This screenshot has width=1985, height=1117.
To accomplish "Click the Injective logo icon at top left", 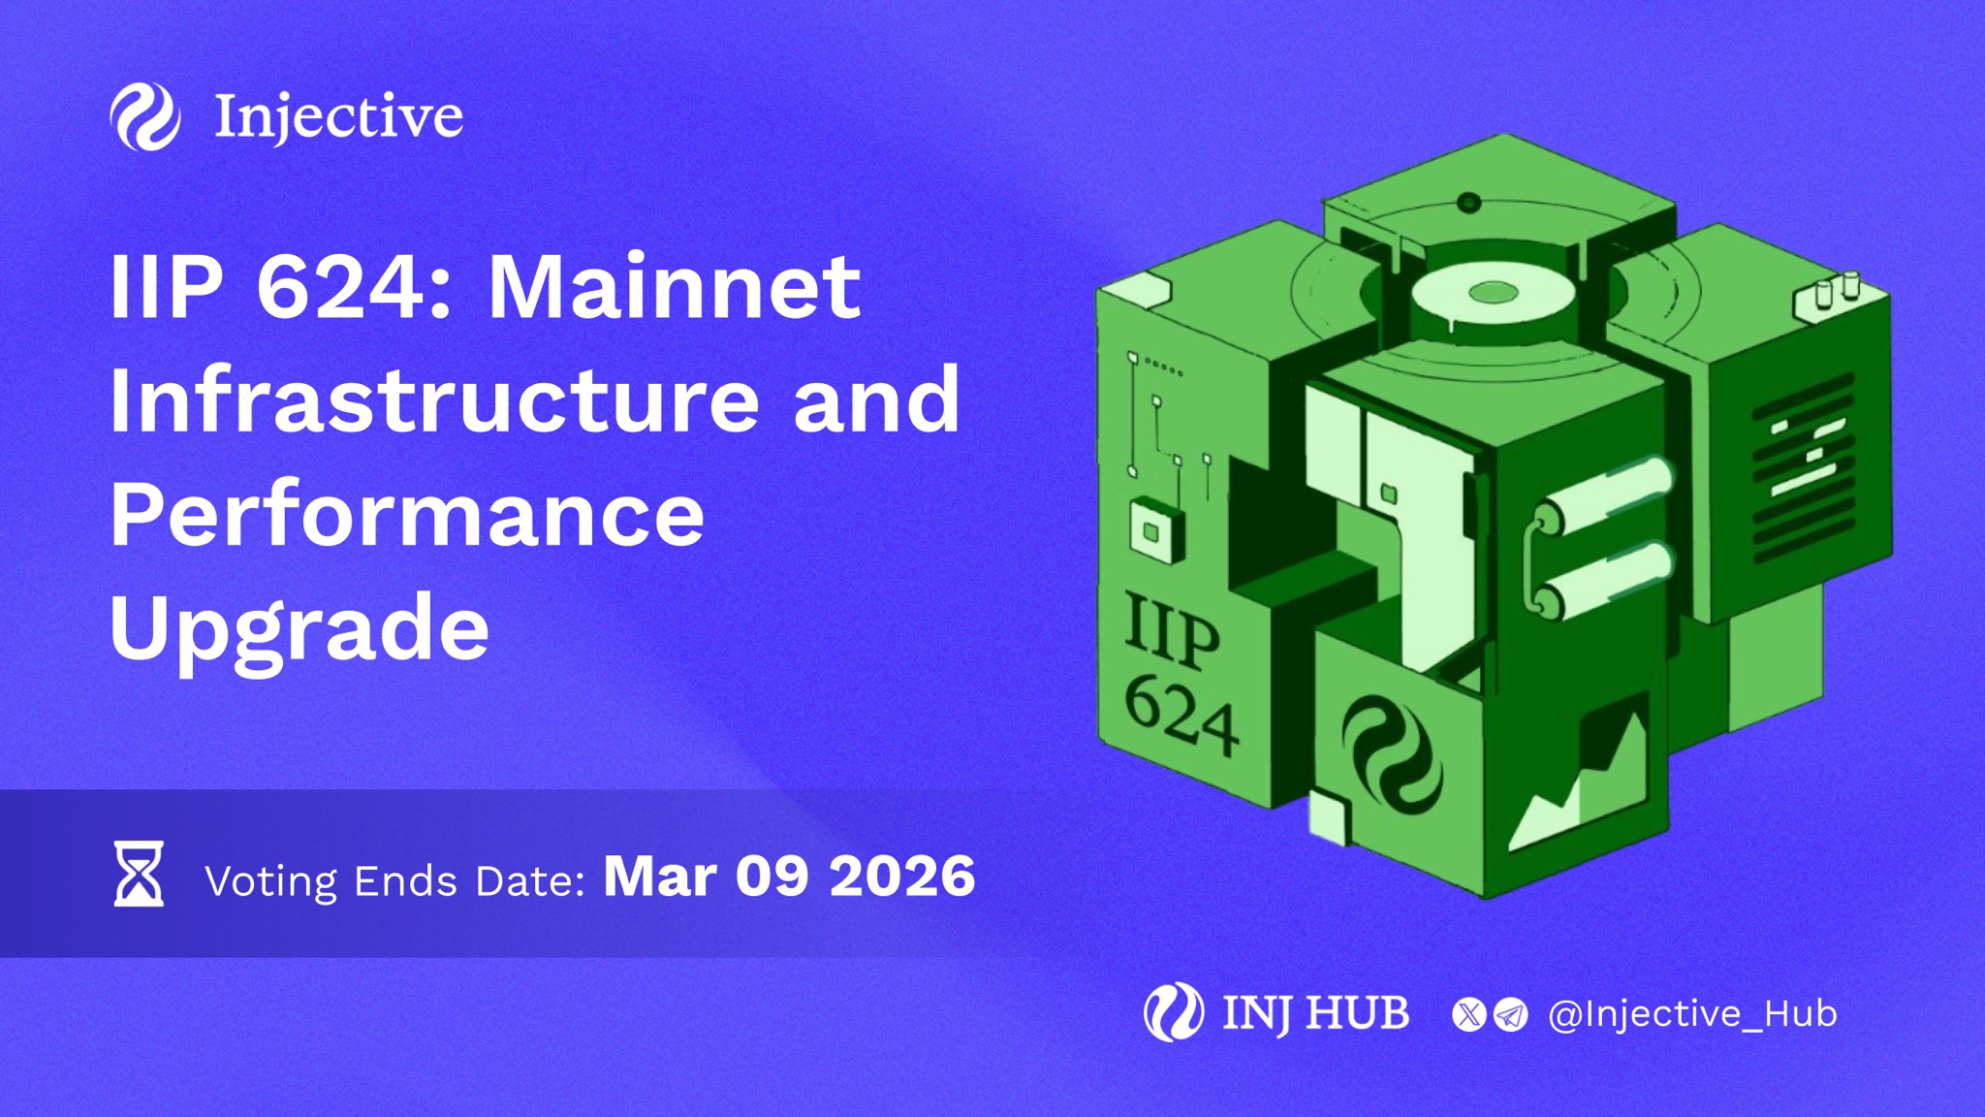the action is pyautogui.click(x=145, y=116).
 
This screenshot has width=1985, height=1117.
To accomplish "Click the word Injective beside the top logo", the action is pyautogui.click(x=338, y=117).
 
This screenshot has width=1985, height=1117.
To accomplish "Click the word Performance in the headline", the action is pyautogui.click(x=407, y=514).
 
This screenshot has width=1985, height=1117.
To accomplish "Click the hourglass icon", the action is pyautogui.click(x=139, y=874).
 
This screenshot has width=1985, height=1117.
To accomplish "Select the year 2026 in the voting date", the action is pyautogui.click(x=902, y=876).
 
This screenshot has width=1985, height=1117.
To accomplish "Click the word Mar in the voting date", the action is pyautogui.click(x=660, y=876).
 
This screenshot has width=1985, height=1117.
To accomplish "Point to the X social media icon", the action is pyautogui.click(x=1469, y=1014).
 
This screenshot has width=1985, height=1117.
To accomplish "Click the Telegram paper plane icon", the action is pyautogui.click(x=1510, y=1014).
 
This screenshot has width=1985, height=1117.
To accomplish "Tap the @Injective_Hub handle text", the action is pyautogui.click(x=1692, y=1014).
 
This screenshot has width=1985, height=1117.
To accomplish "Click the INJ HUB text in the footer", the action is pyautogui.click(x=1315, y=1014).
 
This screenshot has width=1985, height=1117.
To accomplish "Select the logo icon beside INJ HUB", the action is pyautogui.click(x=1174, y=1012).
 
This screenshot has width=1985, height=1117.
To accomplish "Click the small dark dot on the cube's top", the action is pyautogui.click(x=1469, y=203).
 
